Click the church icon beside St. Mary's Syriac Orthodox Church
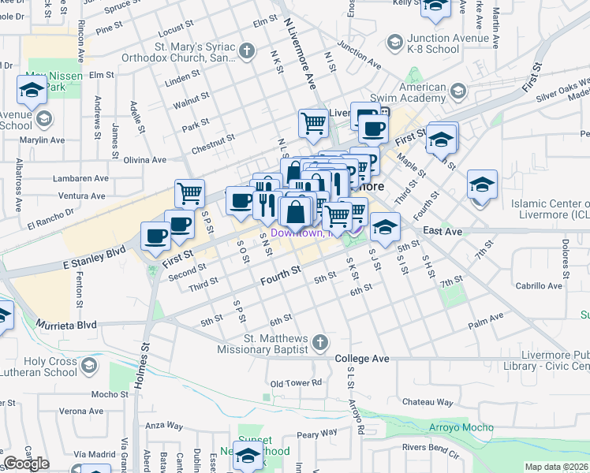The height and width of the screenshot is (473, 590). pyautogui.click(x=248, y=53)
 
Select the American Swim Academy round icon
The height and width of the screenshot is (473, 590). pyautogui.click(x=456, y=92)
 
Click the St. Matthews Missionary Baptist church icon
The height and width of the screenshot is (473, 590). pyautogui.click(x=319, y=341)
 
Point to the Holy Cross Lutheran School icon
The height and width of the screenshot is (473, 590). pyautogui.click(x=90, y=365)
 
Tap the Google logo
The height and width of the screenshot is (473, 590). pyautogui.click(x=26, y=464)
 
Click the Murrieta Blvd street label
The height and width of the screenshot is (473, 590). pyautogui.click(x=65, y=325)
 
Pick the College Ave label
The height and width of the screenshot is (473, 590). pyautogui.click(x=362, y=358)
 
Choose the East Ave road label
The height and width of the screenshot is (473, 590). pyautogui.click(x=442, y=230)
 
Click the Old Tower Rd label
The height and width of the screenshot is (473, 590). pyautogui.click(x=296, y=383)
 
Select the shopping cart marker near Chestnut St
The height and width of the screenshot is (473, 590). pyautogui.click(x=313, y=123)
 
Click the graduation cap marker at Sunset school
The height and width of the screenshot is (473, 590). pyautogui.click(x=248, y=456)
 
